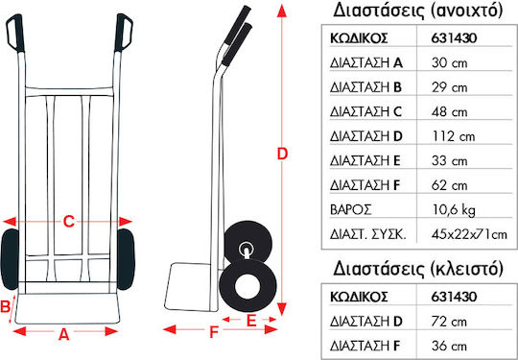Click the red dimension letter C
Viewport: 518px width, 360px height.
point(69,222)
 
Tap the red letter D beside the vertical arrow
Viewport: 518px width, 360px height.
point(282,154)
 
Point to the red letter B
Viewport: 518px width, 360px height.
point(5,307)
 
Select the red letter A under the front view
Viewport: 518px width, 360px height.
point(63,335)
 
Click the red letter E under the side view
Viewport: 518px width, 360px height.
point(251,322)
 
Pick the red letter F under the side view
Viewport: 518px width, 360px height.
point(215,332)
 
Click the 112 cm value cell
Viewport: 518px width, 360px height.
point(453,136)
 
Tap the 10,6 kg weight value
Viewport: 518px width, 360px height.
point(453,210)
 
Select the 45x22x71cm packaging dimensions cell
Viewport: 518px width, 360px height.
point(469,234)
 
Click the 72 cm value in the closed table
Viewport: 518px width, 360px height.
point(449,322)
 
